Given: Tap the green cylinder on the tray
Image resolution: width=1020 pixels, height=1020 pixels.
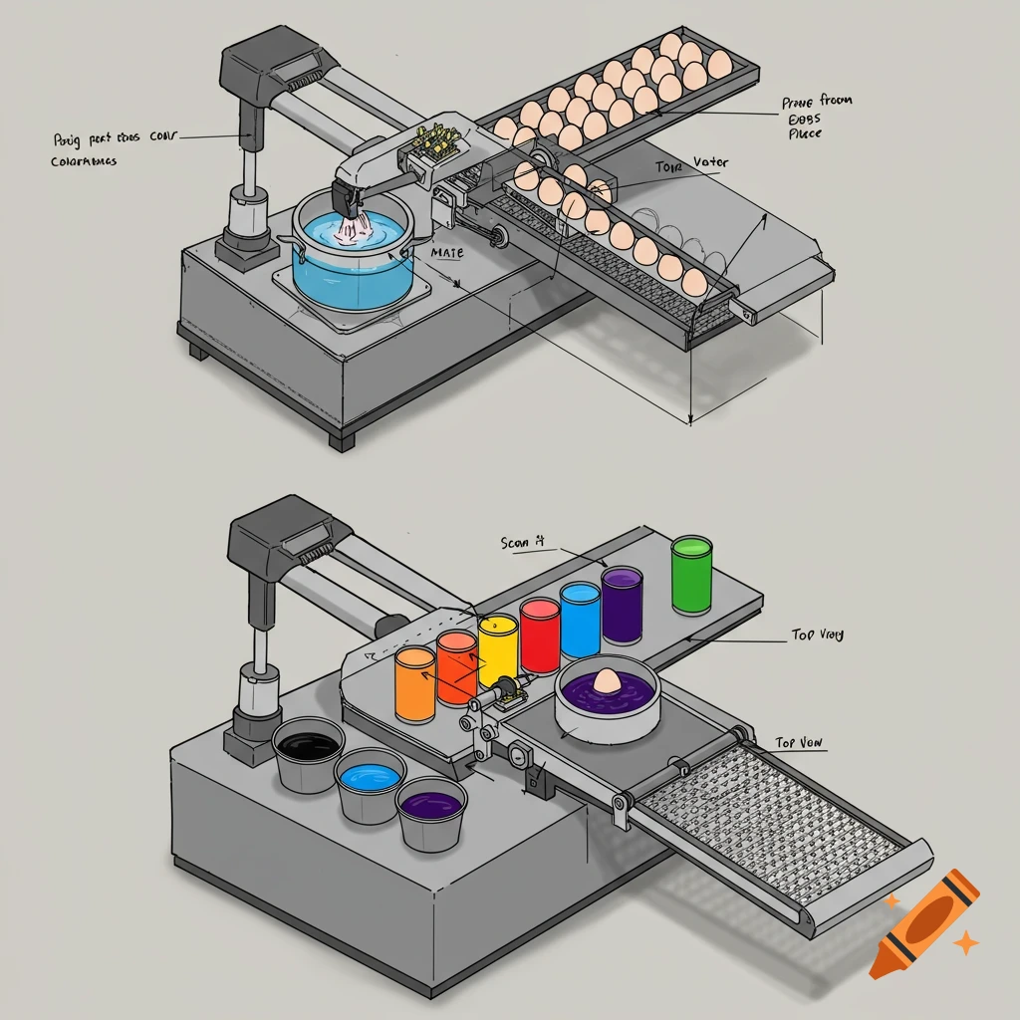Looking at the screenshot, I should point(691,575).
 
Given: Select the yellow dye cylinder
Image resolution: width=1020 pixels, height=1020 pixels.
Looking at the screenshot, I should point(498,651).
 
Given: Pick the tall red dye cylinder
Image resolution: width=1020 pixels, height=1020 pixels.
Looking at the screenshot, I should point(540,637).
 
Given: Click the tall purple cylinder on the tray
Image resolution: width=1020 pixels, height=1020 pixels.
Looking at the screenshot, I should point(622,606).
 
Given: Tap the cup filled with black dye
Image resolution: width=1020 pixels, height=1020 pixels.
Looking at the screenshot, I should point(309,754).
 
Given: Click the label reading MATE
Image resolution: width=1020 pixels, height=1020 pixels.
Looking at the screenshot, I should point(448,253).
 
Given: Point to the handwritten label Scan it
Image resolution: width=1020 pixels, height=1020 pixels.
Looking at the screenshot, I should point(523,543).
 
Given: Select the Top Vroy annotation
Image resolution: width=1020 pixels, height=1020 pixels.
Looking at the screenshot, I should point(817,635).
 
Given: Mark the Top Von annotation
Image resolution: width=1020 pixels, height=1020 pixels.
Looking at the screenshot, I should point(801,743).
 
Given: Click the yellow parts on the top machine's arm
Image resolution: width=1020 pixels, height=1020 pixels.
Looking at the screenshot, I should point(433,144).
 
